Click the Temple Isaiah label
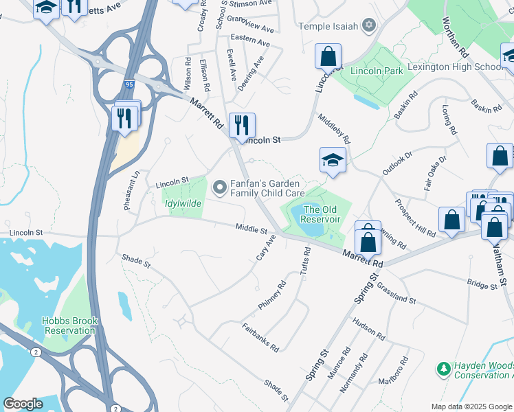328,26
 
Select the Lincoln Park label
376,71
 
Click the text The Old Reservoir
322,214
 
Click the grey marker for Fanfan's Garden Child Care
220,187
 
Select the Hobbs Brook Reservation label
70,325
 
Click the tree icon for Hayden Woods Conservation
443,369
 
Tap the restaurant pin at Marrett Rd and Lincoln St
241,126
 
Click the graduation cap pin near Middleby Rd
333,161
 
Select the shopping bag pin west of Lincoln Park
328,56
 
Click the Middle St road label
250,229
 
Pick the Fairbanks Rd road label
260,338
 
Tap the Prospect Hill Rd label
415,218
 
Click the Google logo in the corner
23,404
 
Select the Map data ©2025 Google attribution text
471,407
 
